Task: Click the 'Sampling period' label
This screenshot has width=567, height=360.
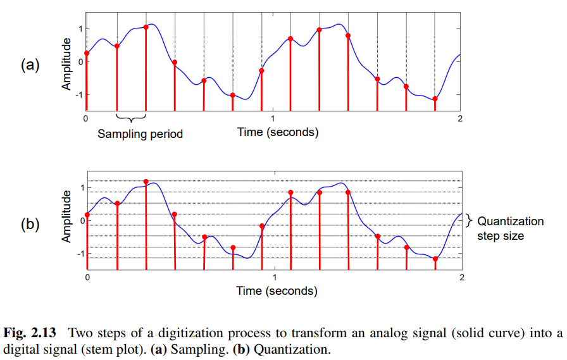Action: (140, 133)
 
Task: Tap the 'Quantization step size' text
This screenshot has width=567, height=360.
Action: (510, 228)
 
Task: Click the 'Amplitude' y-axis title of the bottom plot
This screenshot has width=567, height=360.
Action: (66, 219)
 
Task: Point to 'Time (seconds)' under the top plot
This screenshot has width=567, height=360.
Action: (278, 132)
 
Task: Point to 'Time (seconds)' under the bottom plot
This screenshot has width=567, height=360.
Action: (277, 290)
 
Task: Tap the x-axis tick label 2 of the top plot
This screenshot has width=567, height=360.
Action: (460, 118)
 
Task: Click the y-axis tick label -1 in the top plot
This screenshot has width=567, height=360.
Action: (77, 94)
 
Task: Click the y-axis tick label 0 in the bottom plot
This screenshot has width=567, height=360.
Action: (80, 221)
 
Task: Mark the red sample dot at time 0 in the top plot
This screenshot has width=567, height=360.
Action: (87, 53)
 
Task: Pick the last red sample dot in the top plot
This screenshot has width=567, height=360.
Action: (435, 99)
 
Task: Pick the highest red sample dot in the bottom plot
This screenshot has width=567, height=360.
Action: (146, 182)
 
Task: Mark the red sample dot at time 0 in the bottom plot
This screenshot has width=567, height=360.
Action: (87, 215)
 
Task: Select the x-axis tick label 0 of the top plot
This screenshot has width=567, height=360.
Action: (86, 118)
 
